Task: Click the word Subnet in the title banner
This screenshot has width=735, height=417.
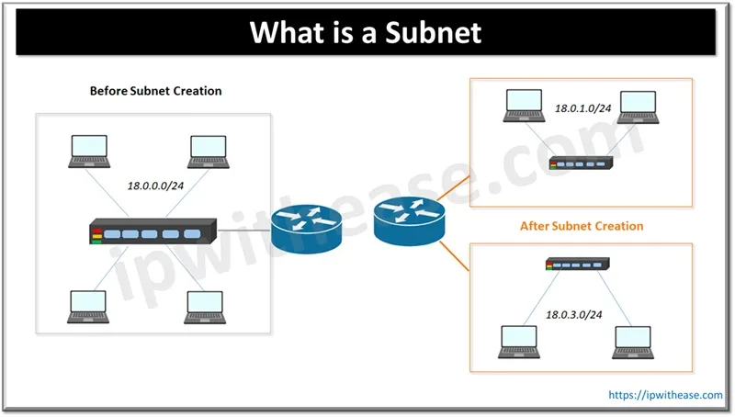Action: coord(433,33)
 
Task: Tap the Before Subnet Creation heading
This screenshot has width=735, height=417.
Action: coord(155,92)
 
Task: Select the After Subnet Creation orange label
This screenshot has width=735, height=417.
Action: coord(582,225)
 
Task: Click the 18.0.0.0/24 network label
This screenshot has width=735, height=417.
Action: coord(157,186)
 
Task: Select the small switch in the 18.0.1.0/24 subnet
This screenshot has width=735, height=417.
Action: coord(582,163)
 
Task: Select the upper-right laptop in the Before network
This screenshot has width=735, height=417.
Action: coord(209,153)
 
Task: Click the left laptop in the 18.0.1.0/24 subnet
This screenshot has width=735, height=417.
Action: coord(523,106)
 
